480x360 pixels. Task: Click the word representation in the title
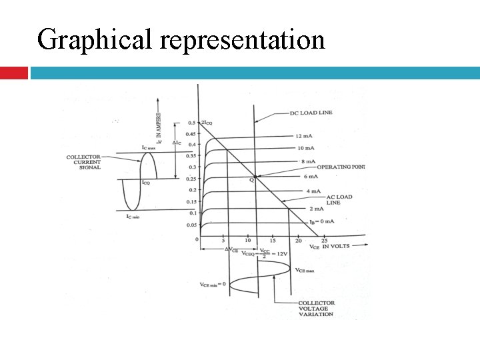(x=243, y=39)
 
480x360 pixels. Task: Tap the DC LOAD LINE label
(x=311, y=113)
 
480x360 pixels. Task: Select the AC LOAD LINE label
(x=339, y=199)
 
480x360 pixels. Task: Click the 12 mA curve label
(x=306, y=135)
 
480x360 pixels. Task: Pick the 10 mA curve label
(x=306, y=148)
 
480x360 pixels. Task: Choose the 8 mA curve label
(x=307, y=161)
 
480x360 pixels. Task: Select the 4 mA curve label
(x=314, y=191)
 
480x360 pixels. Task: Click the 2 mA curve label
(x=315, y=209)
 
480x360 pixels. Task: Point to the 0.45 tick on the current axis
(x=191, y=133)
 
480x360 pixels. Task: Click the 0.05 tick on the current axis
(x=191, y=225)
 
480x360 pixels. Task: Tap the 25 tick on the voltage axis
(x=324, y=240)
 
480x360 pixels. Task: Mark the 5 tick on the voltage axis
(x=223, y=240)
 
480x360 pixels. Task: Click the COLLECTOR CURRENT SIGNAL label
(x=83, y=162)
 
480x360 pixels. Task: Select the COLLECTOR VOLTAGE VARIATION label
(x=316, y=309)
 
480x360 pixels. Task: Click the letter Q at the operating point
(x=252, y=180)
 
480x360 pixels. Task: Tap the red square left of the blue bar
(x=13, y=72)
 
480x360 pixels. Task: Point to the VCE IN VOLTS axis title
(x=329, y=247)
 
